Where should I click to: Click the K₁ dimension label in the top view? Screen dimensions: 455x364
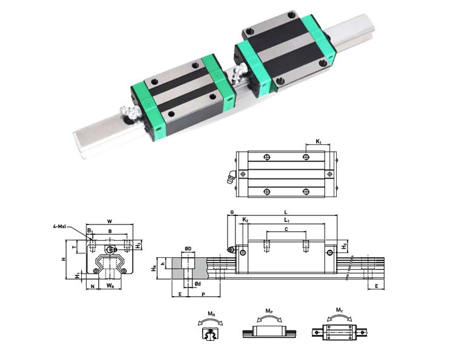(x=318, y=141)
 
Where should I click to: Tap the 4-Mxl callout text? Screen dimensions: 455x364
(x=60, y=226)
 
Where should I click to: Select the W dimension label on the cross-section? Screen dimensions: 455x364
(x=109, y=221)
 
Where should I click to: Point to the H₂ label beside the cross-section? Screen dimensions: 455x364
(x=138, y=245)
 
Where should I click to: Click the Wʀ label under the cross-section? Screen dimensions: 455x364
(x=110, y=286)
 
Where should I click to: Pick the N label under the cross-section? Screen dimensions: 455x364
(x=93, y=286)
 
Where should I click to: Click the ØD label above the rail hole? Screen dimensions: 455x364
(x=188, y=249)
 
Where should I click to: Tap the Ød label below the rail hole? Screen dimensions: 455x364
(x=198, y=283)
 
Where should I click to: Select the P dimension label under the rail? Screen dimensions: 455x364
(x=203, y=294)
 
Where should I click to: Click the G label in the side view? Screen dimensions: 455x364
(x=232, y=212)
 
